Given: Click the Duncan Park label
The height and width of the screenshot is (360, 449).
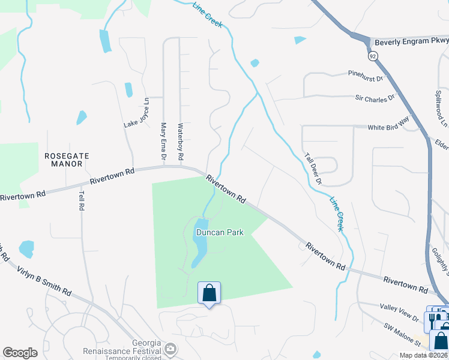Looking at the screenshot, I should click(x=219, y=232).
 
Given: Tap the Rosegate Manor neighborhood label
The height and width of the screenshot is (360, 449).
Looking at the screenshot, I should click(x=67, y=159).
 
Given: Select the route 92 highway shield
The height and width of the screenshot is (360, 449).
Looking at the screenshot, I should click(x=373, y=56).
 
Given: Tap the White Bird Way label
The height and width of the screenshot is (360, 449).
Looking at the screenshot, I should click(x=388, y=127).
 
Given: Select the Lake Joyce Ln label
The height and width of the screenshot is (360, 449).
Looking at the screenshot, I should click(x=136, y=113).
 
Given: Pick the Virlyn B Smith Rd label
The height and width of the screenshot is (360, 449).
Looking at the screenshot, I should click(x=44, y=281).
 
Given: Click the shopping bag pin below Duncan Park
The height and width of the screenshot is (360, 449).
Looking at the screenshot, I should click(x=209, y=293).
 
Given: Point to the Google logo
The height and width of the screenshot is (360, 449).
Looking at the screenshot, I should click(x=20, y=353).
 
